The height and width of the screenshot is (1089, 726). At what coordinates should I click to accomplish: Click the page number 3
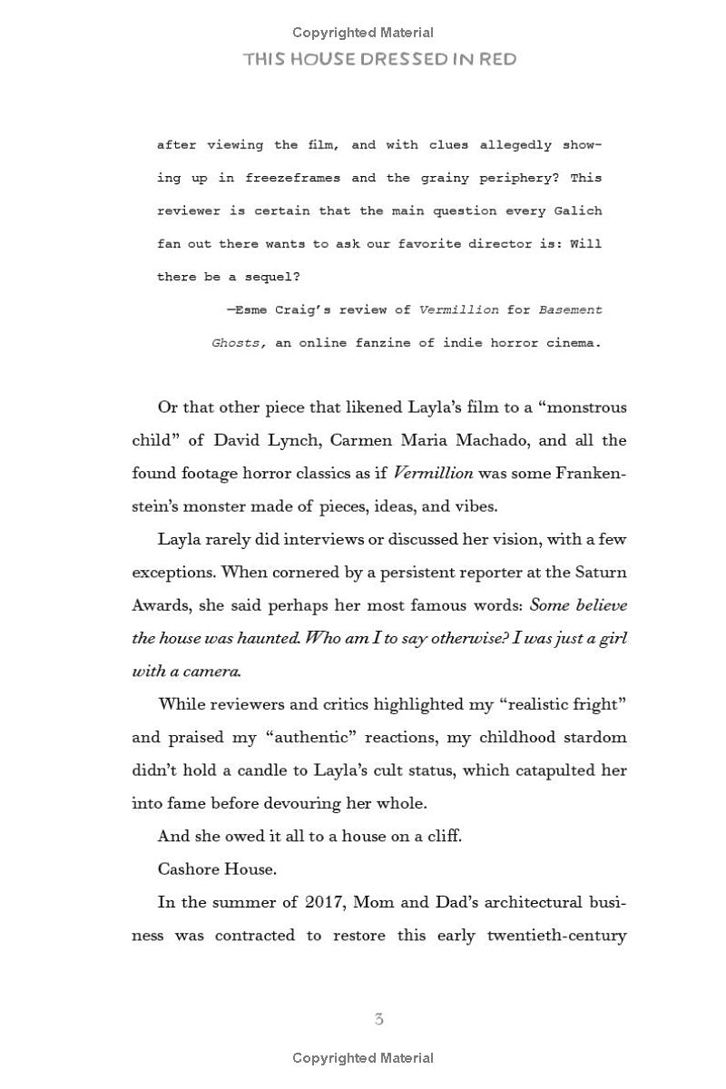378,1019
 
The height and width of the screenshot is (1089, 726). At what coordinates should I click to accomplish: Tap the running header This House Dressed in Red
379,60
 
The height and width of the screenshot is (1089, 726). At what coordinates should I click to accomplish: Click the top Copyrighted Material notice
363,33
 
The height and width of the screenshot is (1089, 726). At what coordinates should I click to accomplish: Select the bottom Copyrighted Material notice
363,1058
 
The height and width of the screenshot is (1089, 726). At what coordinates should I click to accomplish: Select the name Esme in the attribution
248,310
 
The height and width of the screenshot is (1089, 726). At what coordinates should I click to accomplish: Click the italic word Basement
570,310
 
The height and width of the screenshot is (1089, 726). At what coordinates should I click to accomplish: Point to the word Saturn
599,573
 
